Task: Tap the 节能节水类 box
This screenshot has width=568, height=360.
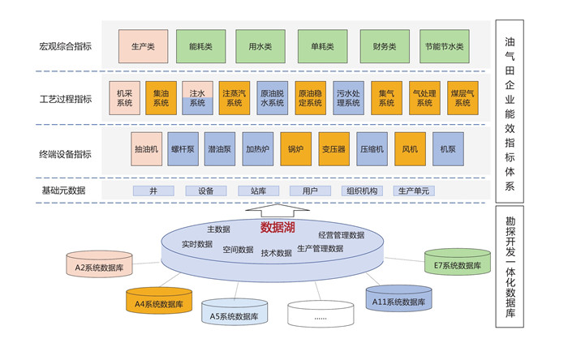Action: pyautogui.click(x=442, y=46)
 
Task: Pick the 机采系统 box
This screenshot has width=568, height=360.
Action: pyautogui.click(x=124, y=97)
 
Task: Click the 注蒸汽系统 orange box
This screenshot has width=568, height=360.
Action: pyautogui.click(x=235, y=97)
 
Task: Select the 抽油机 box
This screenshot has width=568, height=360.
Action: pyautogui.click(x=148, y=149)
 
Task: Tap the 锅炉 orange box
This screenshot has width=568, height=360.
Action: pyautogui.click(x=295, y=149)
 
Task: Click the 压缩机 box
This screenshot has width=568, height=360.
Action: pyautogui.click(x=373, y=149)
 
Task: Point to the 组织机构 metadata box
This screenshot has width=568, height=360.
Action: pyautogui.click(x=361, y=191)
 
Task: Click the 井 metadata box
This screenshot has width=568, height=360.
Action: pyautogui.click(x=154, y=191)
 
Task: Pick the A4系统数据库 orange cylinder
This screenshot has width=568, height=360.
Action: pyautogui.click(x=158, y=302)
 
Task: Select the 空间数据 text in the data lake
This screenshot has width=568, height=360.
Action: pyautogui.click(x=238, y=250)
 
